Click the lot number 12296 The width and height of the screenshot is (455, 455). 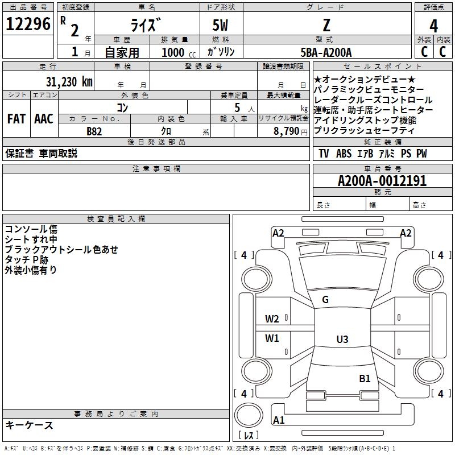point(28,24)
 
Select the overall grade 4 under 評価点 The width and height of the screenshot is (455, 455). point(433,26)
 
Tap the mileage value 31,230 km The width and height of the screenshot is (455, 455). point(69,82)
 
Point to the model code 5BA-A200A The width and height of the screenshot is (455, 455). point(326,52)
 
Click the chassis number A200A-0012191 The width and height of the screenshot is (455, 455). point(382,181)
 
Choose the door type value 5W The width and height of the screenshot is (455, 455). point(220,25)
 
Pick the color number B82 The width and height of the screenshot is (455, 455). point(94,131)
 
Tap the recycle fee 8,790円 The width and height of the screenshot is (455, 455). point(291,131)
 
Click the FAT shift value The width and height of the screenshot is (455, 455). point(16,119)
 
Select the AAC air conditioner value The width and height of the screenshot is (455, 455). point(44,119)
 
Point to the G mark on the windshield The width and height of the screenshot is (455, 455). point(325,300)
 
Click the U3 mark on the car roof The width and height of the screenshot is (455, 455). point(342,339)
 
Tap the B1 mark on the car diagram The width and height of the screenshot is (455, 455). point(365,379)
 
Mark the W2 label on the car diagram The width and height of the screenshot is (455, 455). point(272,319)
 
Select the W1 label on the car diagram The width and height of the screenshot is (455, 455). point(272,338)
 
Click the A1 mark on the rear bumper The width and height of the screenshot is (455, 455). point(279,420)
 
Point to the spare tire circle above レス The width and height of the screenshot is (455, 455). point(249,415)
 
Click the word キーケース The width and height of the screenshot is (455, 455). point(30,425)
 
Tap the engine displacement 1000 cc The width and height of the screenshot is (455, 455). point(179,52)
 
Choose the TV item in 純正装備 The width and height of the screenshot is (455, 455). point(324,154)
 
